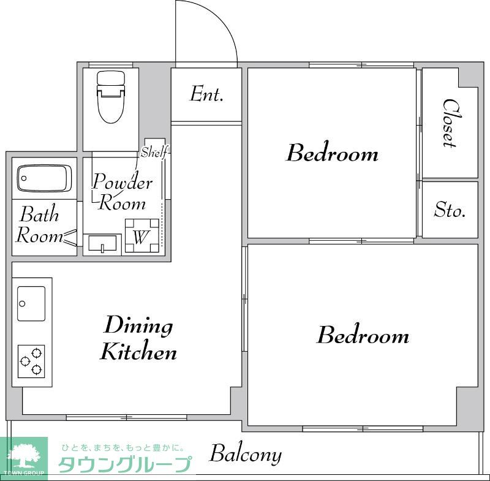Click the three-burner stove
coord(31,360)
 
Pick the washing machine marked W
coord(141,237)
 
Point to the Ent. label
coord(206,94)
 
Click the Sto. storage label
coord(450,210)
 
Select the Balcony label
coord(246,455)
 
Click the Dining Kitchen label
coord(139,338)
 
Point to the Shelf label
coord(154,153)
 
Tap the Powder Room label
coord(122,192)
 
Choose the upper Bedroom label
coord(332,153)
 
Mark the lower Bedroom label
coord(363,335)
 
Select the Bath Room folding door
coord(70,237)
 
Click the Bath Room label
coord(39,225)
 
